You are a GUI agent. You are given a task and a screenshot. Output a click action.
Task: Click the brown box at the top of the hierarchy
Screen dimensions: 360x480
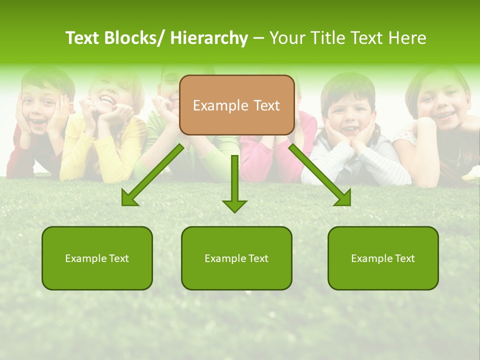(x=236, y=105)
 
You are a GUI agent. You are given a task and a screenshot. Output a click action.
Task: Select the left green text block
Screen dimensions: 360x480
(x=97, y=258)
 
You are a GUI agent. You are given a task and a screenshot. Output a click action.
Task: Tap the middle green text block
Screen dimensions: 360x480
(x=236, y=258)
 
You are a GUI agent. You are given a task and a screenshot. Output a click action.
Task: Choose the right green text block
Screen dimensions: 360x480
(x=383, y=258)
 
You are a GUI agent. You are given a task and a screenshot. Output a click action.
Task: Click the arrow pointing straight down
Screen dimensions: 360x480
(x=234, y=185)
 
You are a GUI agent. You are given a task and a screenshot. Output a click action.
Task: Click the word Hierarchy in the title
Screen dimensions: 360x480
(x=208, y=38)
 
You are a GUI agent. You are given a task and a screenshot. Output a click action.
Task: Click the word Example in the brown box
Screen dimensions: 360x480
(x=220, y=105)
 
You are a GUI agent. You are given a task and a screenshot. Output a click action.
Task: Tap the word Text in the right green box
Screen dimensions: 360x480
(x=404, y=258)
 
